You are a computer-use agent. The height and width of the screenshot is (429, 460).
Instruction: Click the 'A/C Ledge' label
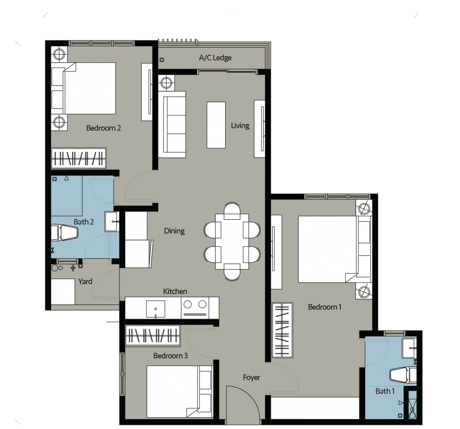click(x=215, y=58)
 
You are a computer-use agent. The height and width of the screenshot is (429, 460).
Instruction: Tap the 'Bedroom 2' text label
click(x=103, y=128)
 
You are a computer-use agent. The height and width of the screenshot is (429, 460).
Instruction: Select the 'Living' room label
click(x=240, y=125)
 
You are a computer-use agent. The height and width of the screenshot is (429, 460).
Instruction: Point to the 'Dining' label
click(x=174, y=231)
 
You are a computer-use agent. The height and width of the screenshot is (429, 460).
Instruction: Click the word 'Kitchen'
click(x=175, y=292)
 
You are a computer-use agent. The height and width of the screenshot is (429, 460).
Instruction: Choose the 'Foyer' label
click(x=251, y=377)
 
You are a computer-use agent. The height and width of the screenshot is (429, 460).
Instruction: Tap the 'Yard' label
click(x=85, y=281)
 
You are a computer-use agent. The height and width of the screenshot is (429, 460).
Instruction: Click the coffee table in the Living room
click(x=216, y=125)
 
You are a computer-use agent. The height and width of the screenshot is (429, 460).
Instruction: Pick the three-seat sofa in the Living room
click(x=172, y=124)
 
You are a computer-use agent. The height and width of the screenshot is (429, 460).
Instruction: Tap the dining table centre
click(x=232, y=241)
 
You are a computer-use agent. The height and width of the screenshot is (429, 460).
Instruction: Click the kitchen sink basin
click(x=155, y=309)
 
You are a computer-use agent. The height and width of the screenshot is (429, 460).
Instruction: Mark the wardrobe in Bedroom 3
click(x=152, y=336)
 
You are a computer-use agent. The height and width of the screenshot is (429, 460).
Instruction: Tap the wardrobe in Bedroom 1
click(x=282, y=330)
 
